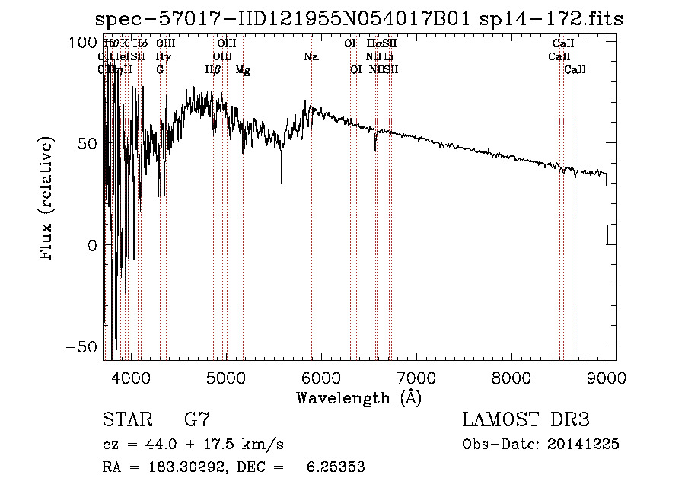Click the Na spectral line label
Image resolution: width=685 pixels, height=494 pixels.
tap(311, 57)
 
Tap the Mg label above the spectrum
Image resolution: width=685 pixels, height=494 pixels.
tap(243, 70)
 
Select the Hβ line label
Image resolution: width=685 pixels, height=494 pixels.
tap(213, 70)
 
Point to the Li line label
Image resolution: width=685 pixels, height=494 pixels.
tap(388, 57)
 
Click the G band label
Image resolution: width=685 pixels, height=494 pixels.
tap(160, 70)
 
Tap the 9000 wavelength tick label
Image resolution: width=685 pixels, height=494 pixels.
tap(607, 377)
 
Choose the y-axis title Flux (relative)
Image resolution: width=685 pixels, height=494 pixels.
tap(47, 200)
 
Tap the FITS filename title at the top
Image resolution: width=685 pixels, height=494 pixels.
tap(358, 20)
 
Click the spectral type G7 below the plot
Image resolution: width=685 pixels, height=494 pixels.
tap(197, 419)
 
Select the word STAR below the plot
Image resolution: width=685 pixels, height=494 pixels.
tap(126, 419)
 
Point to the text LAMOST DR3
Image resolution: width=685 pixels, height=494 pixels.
tap(525, 419)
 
